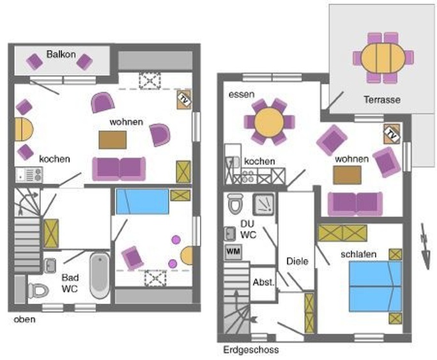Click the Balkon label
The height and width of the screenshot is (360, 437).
(x=61, y=54)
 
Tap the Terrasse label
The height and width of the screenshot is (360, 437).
(x=382, y=100)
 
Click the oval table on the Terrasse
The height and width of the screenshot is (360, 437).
(x=383, y=58)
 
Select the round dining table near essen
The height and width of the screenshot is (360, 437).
(x=269, y=122)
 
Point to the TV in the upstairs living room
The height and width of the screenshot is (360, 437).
(x=184, y=99)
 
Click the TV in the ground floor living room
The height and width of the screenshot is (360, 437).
(x=392, y=134)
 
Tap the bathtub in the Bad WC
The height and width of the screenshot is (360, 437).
(x=100, y=276)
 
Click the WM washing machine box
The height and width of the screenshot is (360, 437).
(x=233, y=252)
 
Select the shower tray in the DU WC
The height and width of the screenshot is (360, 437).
(x=263, y=205)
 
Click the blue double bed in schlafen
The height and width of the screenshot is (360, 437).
(x=376, y=286)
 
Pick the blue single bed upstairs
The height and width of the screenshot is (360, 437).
(x=142, y=201)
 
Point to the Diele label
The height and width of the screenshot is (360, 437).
(x=297, y=262)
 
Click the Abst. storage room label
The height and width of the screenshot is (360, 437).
(x=263, y=282)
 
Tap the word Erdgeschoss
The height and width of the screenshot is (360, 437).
(x=251, y=350)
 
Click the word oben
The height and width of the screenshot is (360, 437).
(x=24, y=319)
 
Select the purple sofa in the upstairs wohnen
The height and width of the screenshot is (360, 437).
(x=119, y=169)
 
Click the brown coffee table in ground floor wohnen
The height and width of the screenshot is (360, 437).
(x=348, y=175)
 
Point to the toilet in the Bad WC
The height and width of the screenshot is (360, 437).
(x=38, y=290)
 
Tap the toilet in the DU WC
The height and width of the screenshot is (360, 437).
(x=235, y=204)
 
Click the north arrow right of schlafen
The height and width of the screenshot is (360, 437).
(x=425, y=246)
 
